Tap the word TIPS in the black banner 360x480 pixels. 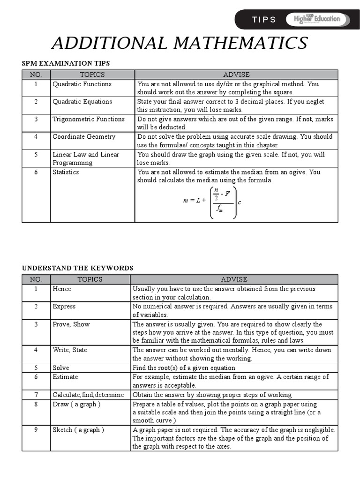click(x=264, y=20)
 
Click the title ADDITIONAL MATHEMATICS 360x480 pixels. click(x=180, y=43)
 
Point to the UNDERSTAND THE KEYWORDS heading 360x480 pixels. click(x=77, y=268)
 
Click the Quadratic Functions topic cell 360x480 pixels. click(x=82, y=84)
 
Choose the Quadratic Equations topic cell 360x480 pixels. click(x=82, y=102)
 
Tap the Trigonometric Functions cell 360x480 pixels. click(x=89, y=119)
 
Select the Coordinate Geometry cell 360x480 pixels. click(x=84, y=137)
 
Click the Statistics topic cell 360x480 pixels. click(x=66, y=172)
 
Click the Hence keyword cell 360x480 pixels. click(x=62, y=289)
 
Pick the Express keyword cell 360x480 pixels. click(x=64, y=307)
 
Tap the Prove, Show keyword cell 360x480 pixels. click(x=71, y=324)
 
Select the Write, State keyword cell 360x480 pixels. click(x=70, y=350)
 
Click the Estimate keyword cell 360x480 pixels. click(x=65, y=377)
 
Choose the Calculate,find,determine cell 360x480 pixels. click(x=88, y=395)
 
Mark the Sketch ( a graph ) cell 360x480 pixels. click(x=78, y=430)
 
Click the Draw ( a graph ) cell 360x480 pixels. click(x=76, y=404)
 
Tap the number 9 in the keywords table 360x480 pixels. click(x=36, y=430)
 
